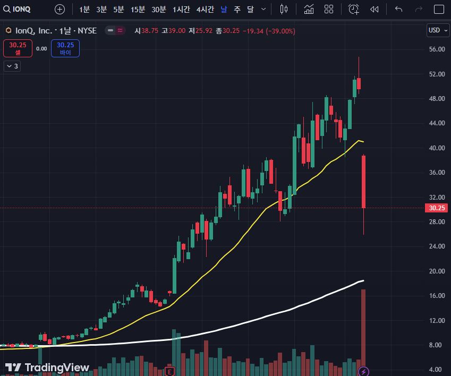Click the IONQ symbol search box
point(17,9)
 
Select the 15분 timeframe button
point(138,10)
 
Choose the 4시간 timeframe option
point(205,10)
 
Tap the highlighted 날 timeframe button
point(224,10)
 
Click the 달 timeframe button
point(251,10)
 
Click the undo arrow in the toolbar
point(398,10)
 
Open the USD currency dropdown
point(438,30)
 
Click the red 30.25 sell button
point(18,48)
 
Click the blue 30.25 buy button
point(65,48)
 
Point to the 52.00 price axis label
point(437,74)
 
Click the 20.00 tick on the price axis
point(437,271)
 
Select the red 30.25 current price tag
point(436,208)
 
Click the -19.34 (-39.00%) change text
point(269,31)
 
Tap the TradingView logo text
point(57,368)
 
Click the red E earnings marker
point(169,372)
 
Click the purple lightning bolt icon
point(363,372)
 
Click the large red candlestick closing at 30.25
point(363,182)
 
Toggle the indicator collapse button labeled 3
point(12,66)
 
